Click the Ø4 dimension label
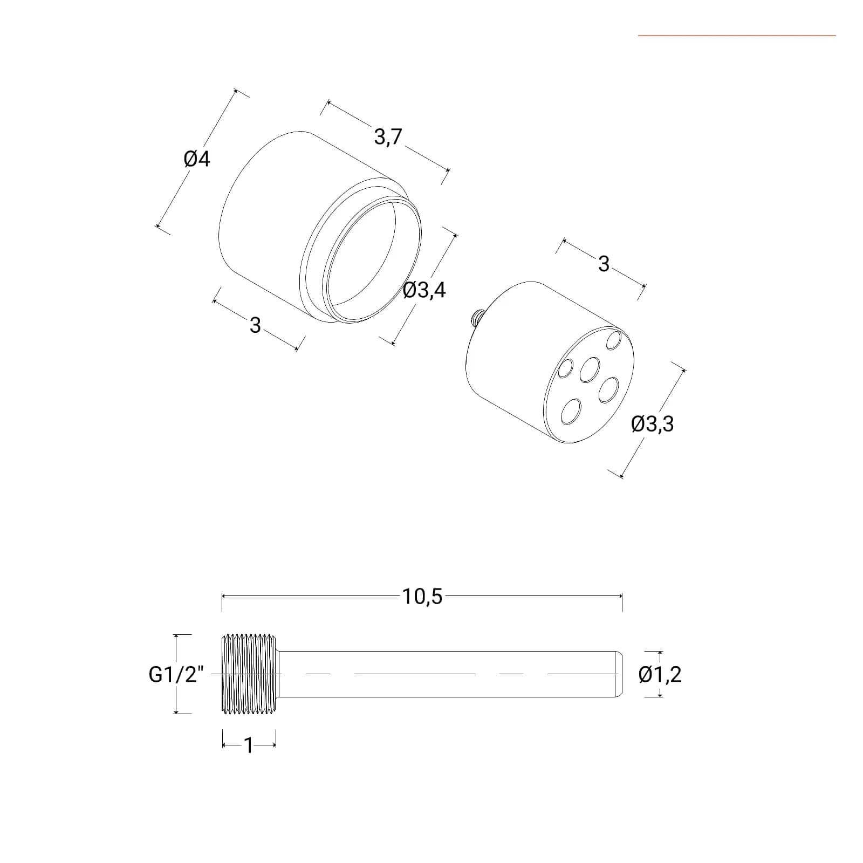point(197,159)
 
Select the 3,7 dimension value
point(388,137)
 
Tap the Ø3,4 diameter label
point(424,291)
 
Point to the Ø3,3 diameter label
point(653,424)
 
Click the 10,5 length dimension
point(422,597)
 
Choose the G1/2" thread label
point(176,675)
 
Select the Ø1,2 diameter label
point(660,675)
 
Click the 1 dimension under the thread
point(249,745)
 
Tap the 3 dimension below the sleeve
point(255,325)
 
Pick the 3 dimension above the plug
point(604,264)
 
